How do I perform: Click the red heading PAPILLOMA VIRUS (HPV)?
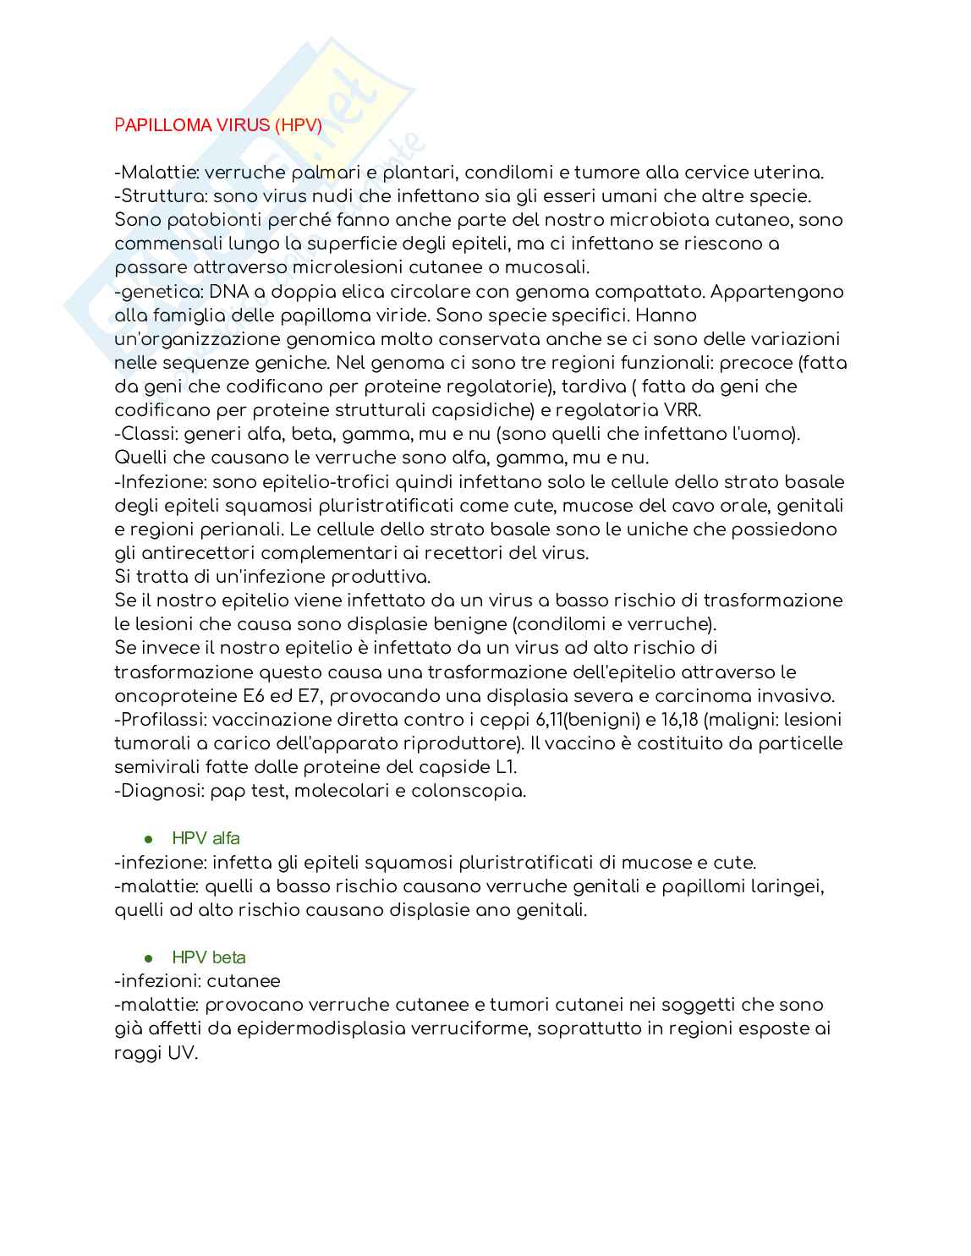point(218,125)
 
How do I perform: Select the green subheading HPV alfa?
point(206,838)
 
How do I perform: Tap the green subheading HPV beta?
point(209,957)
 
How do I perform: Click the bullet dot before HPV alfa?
point(149,839)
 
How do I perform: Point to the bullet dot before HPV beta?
point(149,958)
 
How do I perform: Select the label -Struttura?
point(161,196)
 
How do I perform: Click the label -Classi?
point(145,434)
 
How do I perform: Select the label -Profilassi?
point(161,720)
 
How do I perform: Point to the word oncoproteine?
point(175,696)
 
